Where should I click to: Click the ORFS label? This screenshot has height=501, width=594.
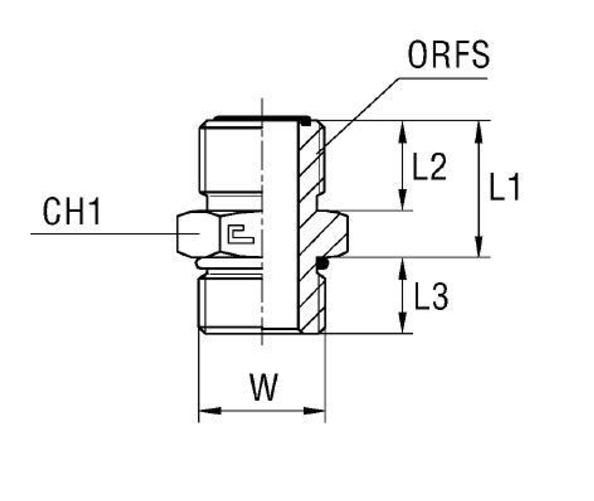[448, 55]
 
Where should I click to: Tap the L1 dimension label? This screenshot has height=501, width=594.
[504, 188]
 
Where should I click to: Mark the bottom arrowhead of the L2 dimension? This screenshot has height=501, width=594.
[403, 201]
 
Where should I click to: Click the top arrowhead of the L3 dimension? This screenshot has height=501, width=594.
[403, 266]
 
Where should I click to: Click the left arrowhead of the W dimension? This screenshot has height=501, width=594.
[208, 411]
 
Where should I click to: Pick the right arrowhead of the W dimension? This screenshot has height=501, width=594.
[315, 411]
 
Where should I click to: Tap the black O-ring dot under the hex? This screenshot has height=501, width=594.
[321, 262]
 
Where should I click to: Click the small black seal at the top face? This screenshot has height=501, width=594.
[305, 122]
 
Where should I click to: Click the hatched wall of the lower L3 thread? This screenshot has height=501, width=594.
[312, 303]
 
